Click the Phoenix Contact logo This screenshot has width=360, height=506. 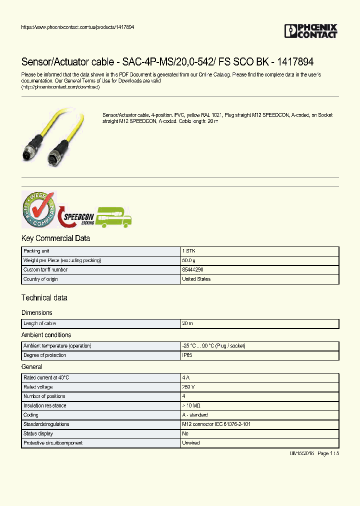click(x=310, y=31)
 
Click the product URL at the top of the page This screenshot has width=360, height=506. click(x=77, y=27)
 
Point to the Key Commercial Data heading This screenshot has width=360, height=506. click(x=55, y=238)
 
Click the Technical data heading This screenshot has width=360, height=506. click(x=44, y=298)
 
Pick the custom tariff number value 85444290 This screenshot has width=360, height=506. click(x=192, y=270)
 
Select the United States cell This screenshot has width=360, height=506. click(x=196, y=279)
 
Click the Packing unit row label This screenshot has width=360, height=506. click(x=36, y=251)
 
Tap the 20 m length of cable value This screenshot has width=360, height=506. click(x=187, y=324)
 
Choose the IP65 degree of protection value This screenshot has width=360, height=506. click(x=187, y=355)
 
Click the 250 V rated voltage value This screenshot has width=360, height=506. click(x=188, y=387)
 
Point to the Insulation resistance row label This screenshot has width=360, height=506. click(x=45, y=406)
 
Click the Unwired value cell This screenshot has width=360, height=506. click(x=191, y=443)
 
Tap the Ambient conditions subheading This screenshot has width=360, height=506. click(x=46, y=335)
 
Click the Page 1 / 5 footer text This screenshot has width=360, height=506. click(x=328, y=453)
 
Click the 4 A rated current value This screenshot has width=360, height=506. click(x=186, y=378)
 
